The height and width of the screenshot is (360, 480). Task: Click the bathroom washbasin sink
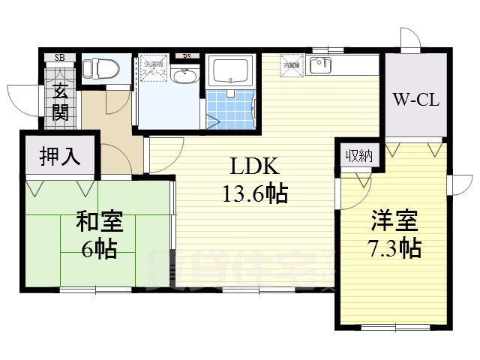point(184,76)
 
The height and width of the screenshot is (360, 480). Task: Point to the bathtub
point(231,71)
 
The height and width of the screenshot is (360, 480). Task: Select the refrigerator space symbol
point(291,65)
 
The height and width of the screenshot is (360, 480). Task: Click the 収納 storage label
point(358,156)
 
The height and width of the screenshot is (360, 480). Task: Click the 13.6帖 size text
point(253,196)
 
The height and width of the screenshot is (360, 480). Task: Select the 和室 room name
point(98,222)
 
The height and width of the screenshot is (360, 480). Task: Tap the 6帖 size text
point(98,250)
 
